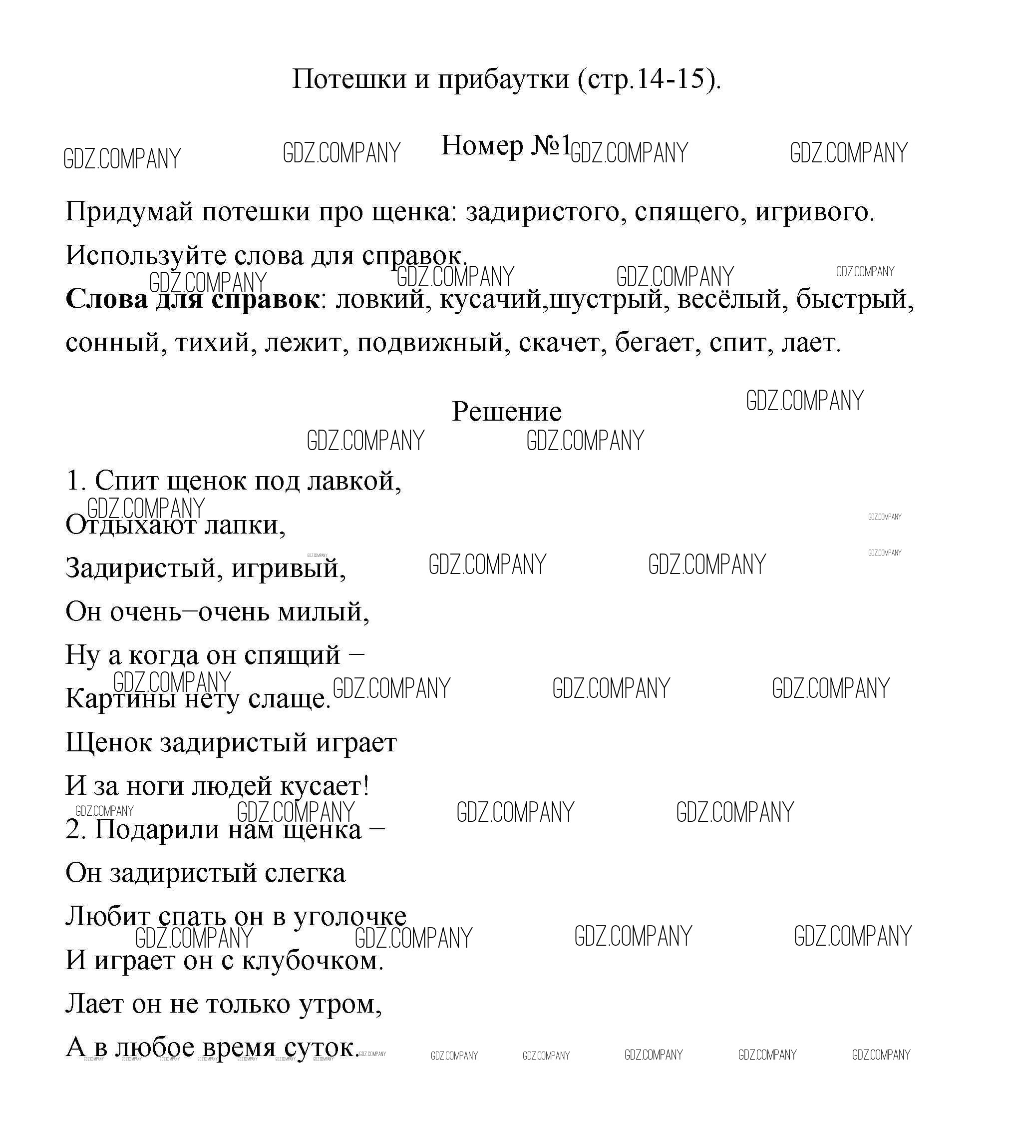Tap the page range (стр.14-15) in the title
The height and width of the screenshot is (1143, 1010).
[649, 79]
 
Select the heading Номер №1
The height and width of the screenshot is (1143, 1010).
[505, 146]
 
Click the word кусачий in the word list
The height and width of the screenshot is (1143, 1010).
[491, 300]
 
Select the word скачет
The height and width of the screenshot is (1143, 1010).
[562, 343]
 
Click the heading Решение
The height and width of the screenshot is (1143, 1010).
[506, 412]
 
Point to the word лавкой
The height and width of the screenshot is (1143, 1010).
[354, 481]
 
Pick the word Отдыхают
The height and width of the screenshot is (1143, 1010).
[130, 525]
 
